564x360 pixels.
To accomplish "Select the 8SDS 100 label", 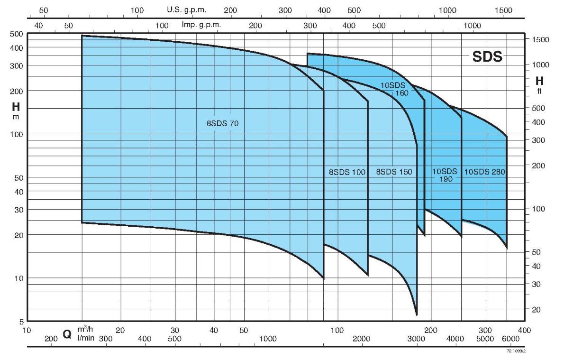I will tap(347, 172).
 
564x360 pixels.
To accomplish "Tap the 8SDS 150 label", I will tap(394, 172).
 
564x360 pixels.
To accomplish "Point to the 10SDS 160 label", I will tap(395, 89).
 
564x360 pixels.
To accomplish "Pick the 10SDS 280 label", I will tap(484, 172).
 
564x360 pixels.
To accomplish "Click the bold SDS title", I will tap(487, 57).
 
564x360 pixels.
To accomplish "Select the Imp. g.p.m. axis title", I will tap(199, 25).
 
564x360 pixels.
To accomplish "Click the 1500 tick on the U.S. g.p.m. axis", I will tap(503, 10).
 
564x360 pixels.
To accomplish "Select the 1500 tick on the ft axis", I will tap(540, 39).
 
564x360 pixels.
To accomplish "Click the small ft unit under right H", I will tap(539, 92).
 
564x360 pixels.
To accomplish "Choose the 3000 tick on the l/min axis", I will tap(416, 338).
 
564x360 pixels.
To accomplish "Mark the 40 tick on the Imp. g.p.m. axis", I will tap(39, 25).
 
